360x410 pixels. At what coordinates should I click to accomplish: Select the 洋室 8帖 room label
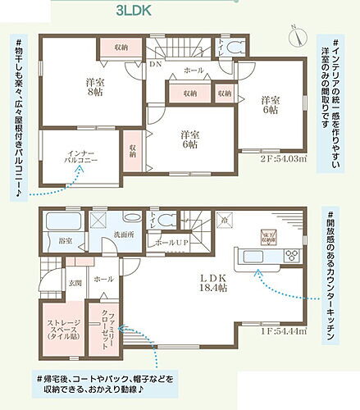[93, 88]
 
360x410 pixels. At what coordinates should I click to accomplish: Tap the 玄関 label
[75, 282]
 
